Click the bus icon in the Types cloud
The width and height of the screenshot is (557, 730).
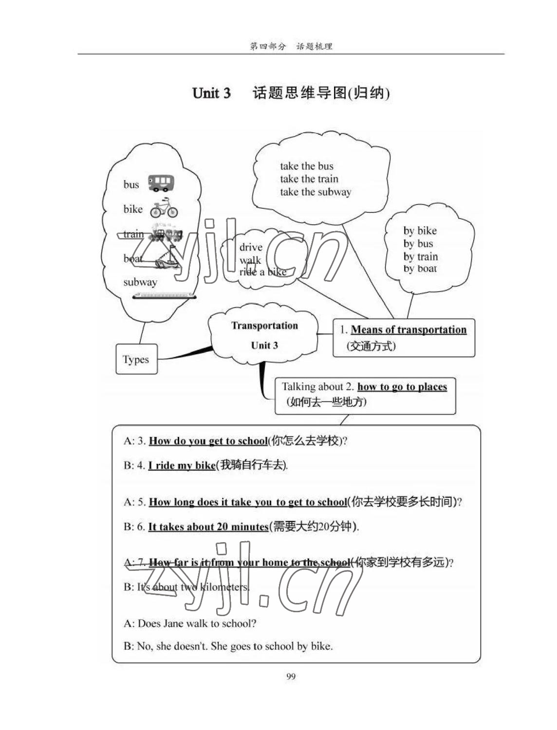pos(161,183)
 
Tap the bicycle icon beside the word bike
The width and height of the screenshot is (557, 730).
pos(164,209)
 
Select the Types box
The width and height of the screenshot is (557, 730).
pos(136,359)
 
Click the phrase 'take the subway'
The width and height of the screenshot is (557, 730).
pos(316,192)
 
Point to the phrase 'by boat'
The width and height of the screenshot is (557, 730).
pos(420,269)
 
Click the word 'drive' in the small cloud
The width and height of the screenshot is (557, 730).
pos(251,247)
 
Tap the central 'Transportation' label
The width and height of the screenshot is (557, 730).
pos(264,326)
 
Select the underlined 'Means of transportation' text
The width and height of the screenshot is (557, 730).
pos(408,330)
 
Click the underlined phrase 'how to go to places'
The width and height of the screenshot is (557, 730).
pos(402,387)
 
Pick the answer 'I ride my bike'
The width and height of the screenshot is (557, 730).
pos(182,465)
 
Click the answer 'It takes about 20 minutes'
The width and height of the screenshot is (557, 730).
pos(208,527)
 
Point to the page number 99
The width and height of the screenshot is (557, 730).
pos(291,676)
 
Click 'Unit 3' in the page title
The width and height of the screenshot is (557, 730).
pos(211,93)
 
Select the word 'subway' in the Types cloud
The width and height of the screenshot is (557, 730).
pos(140,282)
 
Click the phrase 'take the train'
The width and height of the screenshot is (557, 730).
pos(309,179)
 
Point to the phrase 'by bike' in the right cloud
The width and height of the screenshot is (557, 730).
pos(420,231)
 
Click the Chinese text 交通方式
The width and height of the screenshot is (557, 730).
pos(371,346)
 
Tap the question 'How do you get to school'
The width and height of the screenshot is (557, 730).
pos(208,441)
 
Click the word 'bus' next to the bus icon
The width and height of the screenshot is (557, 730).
pos(131,184)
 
